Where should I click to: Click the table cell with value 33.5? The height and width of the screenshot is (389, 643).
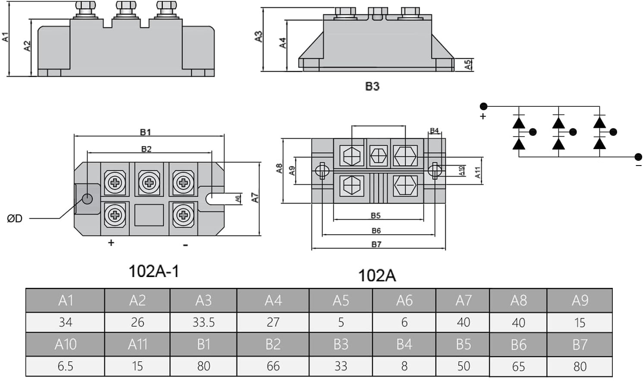tap(203, 322)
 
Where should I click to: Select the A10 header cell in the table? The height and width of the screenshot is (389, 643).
tap(65, 344)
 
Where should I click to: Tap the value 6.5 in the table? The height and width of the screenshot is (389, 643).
tap(65, 366)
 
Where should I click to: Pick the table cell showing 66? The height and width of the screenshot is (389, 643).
tap(273, 366)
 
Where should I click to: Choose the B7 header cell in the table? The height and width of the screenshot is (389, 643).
tap(580, 344)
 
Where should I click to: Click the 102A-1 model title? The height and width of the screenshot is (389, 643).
tap(154, 271)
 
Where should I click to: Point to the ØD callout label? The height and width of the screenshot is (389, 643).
tap(15, 219)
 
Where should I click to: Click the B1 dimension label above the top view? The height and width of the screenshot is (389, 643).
tap(145, 132)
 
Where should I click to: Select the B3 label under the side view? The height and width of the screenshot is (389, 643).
tap(372, 86)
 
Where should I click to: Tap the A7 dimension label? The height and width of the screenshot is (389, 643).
tap(255, 198)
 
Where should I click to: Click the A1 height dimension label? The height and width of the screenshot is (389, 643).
tap(6, 37)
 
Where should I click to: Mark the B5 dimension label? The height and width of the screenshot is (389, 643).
tap(375, 215)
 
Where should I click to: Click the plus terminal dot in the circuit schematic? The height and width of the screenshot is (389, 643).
tap(484, 106)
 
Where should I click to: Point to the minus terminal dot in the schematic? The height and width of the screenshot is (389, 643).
tap(638, 156)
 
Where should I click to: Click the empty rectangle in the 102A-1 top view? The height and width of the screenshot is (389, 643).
tap(149, 215)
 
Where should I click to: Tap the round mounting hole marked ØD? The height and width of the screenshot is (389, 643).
tap(87, 199)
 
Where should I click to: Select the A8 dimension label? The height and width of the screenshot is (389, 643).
tap(279, 168)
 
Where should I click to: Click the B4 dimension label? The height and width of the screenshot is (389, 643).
tap(434, 131)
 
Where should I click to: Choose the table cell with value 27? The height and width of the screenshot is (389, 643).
tap(273, 322)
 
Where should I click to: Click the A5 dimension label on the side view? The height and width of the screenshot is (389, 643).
tap(468, 65)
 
